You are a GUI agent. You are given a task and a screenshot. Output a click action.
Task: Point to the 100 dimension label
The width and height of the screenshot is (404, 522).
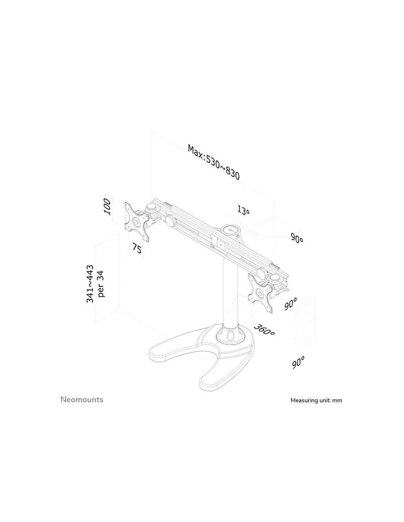pos(107,207)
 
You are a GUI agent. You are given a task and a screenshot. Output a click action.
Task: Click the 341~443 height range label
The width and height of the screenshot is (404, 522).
pos(90,284)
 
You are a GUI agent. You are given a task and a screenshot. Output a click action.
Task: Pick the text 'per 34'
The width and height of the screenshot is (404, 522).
pos(101,284)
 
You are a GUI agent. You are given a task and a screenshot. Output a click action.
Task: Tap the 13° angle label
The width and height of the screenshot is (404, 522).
pos(243,210)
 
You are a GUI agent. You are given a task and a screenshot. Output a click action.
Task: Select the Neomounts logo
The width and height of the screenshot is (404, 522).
pos(82,399)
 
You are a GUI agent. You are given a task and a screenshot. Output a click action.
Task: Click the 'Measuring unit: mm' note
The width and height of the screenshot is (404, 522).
pos(316,400)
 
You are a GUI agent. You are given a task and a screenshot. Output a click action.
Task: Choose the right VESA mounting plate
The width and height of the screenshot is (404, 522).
pos(261,294)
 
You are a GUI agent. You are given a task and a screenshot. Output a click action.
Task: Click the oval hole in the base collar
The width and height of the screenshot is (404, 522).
pos(231,336)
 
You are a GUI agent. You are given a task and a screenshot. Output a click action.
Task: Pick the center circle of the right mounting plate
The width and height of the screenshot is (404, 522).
pos(260,294)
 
